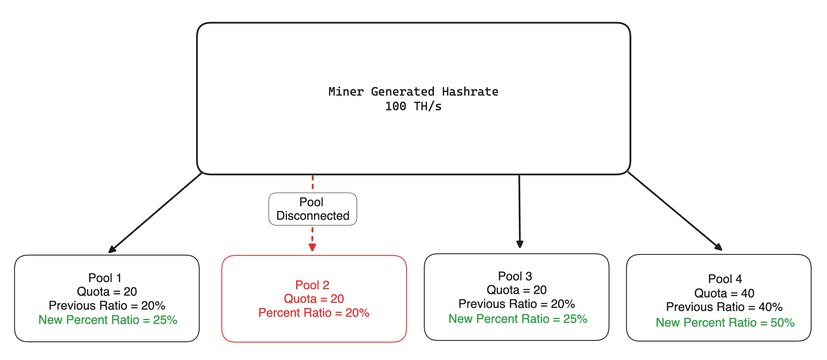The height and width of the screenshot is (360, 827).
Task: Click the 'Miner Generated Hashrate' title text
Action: [413, 92]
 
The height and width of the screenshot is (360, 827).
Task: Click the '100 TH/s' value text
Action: [413, 107]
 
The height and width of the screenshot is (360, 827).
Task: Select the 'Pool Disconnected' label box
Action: [312, 209]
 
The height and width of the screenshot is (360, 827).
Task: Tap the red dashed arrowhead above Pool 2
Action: [312, 247]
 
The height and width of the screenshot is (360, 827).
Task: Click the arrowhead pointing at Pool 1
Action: [112, 250]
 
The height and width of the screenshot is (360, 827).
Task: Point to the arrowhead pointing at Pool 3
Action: [520, 244]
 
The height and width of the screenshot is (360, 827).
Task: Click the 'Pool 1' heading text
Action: [105, 278]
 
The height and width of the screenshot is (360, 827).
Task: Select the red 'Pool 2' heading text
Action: [312, 285]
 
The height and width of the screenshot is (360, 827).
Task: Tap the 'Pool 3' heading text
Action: [515, 276]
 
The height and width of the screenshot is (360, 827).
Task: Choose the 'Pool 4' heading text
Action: [725, 279]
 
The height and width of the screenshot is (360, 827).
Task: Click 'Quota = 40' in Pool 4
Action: [724, 293]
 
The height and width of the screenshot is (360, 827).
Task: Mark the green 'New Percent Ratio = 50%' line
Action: [725, 322]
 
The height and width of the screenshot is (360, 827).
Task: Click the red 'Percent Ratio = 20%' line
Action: [314, 313]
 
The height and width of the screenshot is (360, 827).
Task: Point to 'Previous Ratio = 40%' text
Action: [724, 307]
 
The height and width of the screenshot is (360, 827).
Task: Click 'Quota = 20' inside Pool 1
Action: [107, 292]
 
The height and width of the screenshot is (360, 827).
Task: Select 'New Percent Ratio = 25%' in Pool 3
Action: [518, 319]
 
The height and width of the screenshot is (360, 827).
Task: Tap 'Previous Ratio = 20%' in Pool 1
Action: [107, 306]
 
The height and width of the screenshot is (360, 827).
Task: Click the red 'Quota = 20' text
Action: [314, 299]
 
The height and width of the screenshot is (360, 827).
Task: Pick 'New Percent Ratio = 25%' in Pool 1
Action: [108, 320]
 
